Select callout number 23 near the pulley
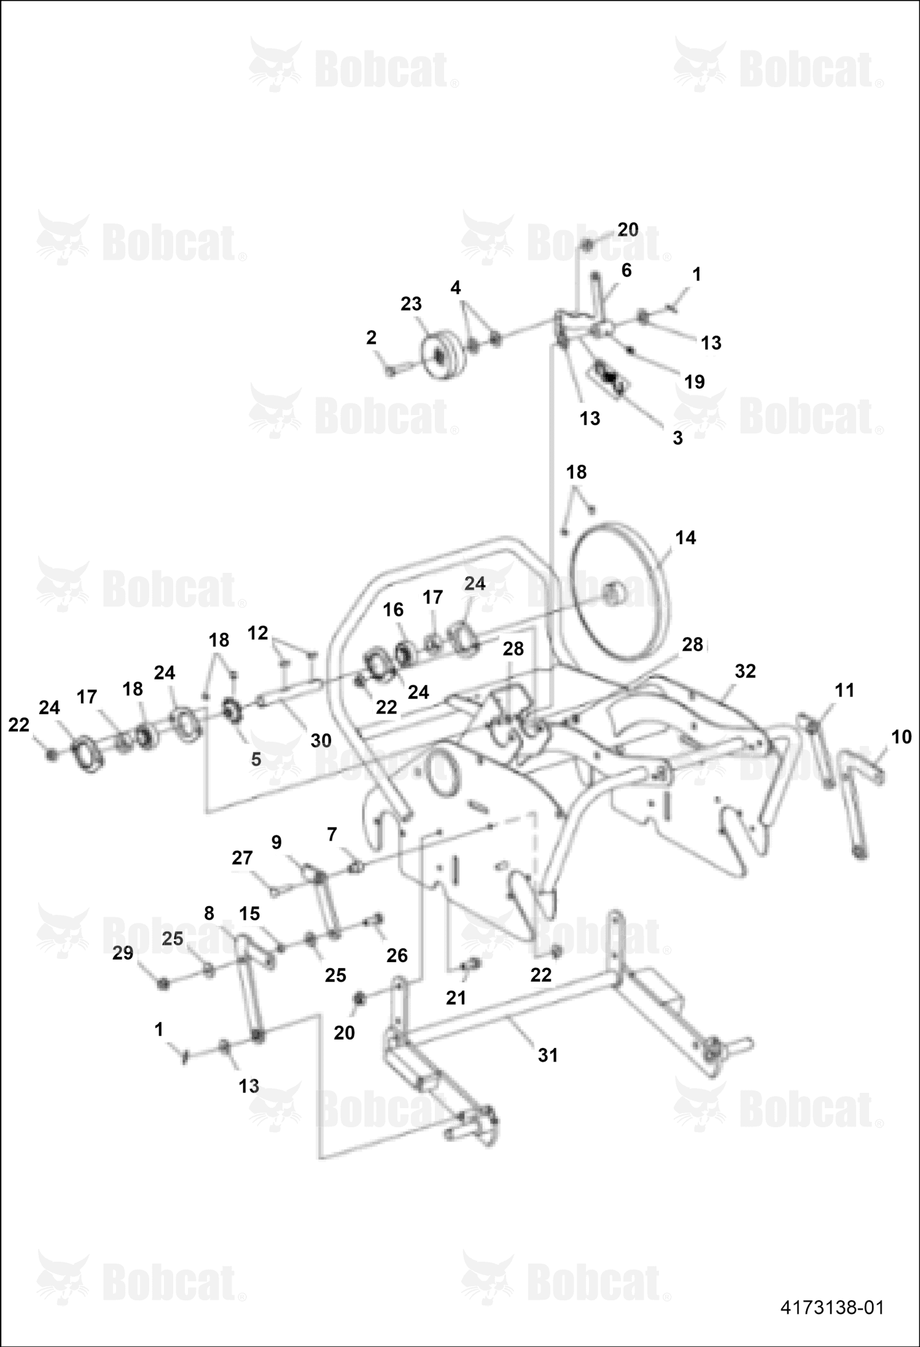[411, 304]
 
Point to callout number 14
[685, 538]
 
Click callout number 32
[745, 671]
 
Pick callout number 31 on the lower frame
[548, 1055]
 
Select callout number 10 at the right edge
[901, 737]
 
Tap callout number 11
[844, 690]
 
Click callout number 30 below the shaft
[321, 740]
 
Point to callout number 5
[256, 759]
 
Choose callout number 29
[123, 953]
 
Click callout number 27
[242, 858]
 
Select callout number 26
[397, 955]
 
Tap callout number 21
[456, 998]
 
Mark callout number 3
[677, 438]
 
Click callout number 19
[695, 382]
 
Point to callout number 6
[626, 270]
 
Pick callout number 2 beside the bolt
[371, 337]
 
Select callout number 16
[393, 610]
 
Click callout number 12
[258, 633]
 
